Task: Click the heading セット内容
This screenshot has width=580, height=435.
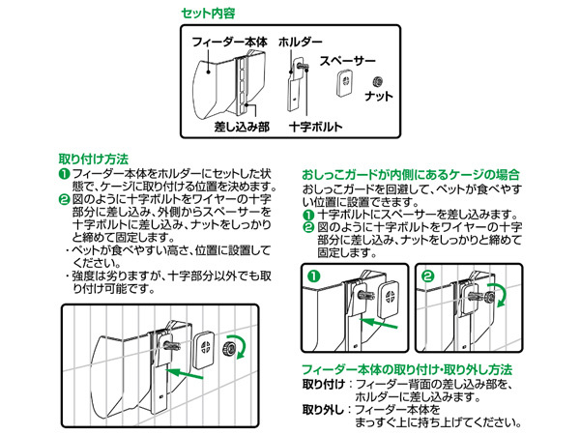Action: click(x=208, y=14)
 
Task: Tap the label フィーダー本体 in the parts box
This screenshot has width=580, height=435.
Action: click(x=229, y=42)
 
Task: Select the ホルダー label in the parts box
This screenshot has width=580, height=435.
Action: click(x=300, y=42)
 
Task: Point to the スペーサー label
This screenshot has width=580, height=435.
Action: click(x=347, y=61)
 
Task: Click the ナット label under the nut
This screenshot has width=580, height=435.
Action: click(x=378, y=96)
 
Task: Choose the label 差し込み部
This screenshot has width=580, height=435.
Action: click(x=242, y=127)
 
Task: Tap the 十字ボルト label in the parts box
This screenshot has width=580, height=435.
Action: click(x=315, y=127)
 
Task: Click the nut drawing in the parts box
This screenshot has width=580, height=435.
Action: click(x=377, y=81)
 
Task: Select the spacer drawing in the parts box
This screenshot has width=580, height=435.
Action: click(x=346, y=82)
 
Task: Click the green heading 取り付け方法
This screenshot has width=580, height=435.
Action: click(x=94, y=159)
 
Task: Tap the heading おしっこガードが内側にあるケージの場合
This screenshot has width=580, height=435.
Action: click(x=411, y=175)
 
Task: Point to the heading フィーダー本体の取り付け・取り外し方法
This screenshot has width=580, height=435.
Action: click(x=407, y=369)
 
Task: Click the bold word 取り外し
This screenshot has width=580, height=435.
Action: click(x=323, y=410)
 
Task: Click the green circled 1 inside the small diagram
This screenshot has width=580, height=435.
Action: click(x=313, y=275)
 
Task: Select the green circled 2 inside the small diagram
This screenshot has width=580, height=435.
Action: click(x=428, y=275)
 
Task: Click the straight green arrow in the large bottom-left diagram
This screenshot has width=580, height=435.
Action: click(x=185, y=373)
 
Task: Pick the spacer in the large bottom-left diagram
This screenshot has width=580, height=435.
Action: click(x=203, y=349)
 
